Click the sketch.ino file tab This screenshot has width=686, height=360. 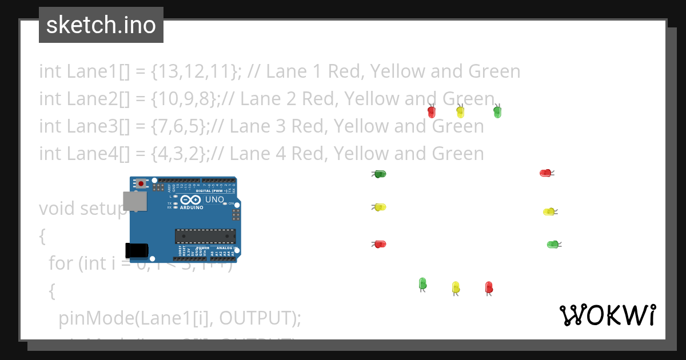101,25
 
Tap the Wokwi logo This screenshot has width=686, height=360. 607,315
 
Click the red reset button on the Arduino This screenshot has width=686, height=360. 141,183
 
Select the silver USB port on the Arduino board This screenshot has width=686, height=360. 135,201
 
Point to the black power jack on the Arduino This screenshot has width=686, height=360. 137,250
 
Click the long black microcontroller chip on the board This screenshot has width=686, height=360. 205,236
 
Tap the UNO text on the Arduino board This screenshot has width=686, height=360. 214,199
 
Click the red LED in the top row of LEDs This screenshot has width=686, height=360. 432,112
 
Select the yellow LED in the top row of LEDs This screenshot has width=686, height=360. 460,112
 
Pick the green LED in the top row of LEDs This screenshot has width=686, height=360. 497,112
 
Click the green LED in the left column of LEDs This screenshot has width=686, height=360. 380,174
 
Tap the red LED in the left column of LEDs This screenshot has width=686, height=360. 380,244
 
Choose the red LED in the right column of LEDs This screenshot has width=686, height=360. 545,173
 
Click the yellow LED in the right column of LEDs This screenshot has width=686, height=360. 548,212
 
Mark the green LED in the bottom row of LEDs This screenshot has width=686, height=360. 422,283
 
